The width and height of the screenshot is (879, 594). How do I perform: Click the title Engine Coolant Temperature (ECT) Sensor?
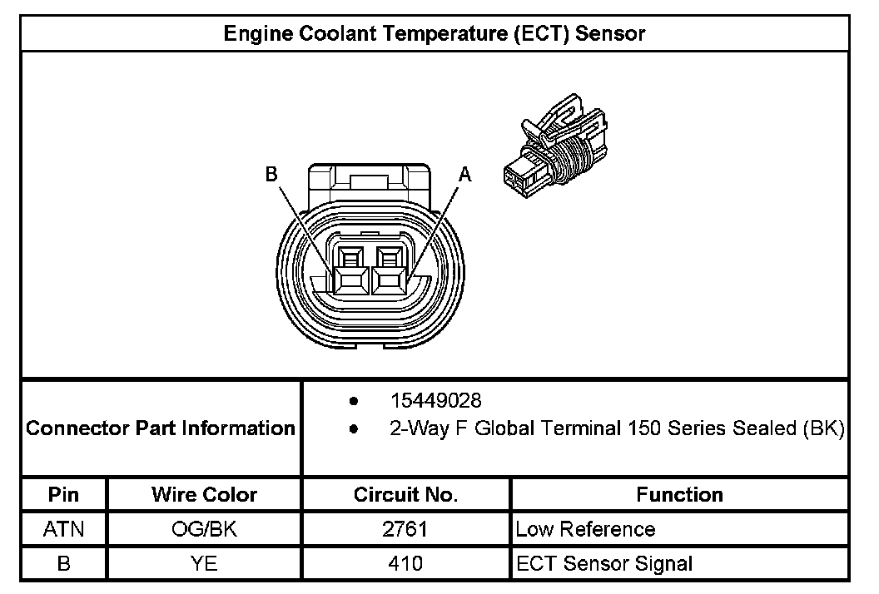click(435, 33)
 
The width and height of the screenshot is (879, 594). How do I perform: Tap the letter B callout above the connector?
click(271, 174)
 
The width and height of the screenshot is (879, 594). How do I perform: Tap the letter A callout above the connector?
click(465, 174)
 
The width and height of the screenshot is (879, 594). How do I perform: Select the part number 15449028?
click(436, 401)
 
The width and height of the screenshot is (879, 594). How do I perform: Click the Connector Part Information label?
click(161, 428)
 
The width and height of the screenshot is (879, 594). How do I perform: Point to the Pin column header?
click(64, 495)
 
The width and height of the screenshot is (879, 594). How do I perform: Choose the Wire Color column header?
click(204, 495)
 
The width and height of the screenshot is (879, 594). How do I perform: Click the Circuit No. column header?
click(406, 495)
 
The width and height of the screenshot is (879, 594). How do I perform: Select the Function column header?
click(679, 495)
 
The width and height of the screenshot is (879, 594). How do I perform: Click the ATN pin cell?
click(64, 529)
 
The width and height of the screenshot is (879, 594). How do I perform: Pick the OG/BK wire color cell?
click(204, 529)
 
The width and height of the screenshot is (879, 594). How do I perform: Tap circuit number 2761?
click(406, 529)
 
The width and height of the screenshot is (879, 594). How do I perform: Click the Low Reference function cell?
click(585, 529)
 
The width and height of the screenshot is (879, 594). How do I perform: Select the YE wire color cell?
click(204, 563)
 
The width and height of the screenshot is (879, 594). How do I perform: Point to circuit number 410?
click(406, 563)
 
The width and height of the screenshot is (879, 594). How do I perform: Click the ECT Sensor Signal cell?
click(604, 563)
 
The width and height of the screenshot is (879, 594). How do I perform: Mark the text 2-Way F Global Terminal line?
click(617, 428)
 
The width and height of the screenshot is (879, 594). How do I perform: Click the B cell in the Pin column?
click(64, 563)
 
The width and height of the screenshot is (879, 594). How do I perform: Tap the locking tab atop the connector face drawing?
click(369, 179)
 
